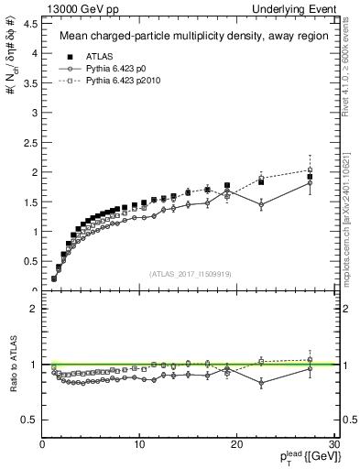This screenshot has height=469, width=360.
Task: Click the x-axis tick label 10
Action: (x=139, y=444)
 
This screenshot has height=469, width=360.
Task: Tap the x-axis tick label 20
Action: (x=236, y=444)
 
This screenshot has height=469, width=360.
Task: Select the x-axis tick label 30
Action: (x=333, y=444)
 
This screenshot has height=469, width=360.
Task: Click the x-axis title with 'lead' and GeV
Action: (x=306, y=457)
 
